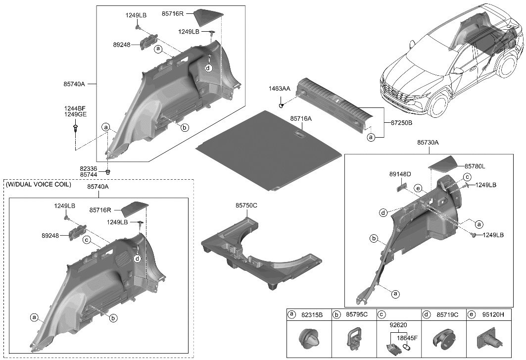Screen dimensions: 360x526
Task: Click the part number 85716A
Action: coord(301,119)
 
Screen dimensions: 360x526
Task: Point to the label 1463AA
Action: coord(280,89)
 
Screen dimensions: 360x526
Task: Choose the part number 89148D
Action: coord(400,174)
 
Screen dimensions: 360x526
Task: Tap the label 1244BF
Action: coord(75,108)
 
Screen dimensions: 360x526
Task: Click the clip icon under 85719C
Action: coord(440,341)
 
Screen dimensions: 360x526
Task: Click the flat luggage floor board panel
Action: coord(270,149)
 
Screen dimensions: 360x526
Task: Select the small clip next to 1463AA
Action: coord(281,104)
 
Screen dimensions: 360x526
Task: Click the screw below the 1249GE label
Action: coord(75,129)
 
